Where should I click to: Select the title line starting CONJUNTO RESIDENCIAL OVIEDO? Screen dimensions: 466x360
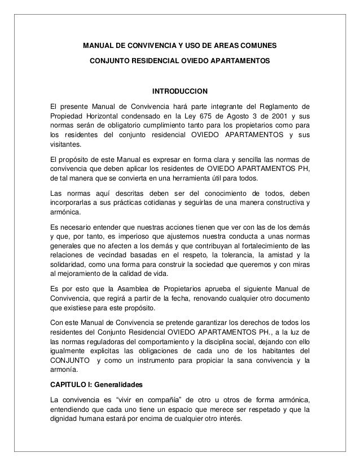click(x=180, y=59)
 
